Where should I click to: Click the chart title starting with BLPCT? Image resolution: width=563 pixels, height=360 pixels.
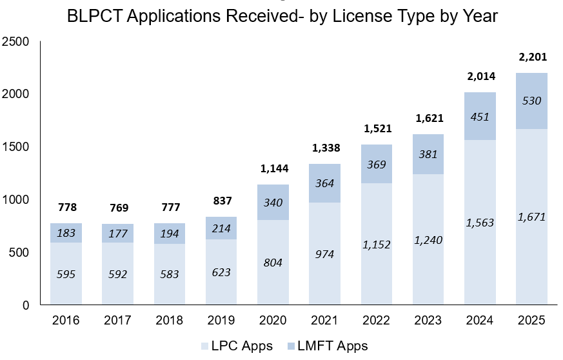pos(282,16)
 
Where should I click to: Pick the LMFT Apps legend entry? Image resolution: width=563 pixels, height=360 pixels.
pos(329,346)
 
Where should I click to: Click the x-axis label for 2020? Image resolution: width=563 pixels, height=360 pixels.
pos(273,321)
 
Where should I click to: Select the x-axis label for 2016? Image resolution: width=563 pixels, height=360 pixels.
pos(66,321)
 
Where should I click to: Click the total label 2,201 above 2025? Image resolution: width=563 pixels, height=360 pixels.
pos(532,58)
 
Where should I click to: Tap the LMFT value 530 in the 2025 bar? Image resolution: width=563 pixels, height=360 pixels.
pos(532,101)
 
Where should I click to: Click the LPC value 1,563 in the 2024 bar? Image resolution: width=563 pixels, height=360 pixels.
pos(480,223)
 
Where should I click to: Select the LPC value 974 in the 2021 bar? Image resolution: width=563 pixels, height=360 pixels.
pos(325,254)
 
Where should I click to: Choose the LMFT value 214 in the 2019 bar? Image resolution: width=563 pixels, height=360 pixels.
pos(221,228)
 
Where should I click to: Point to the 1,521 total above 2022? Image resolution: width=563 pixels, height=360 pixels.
pos(377,129)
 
